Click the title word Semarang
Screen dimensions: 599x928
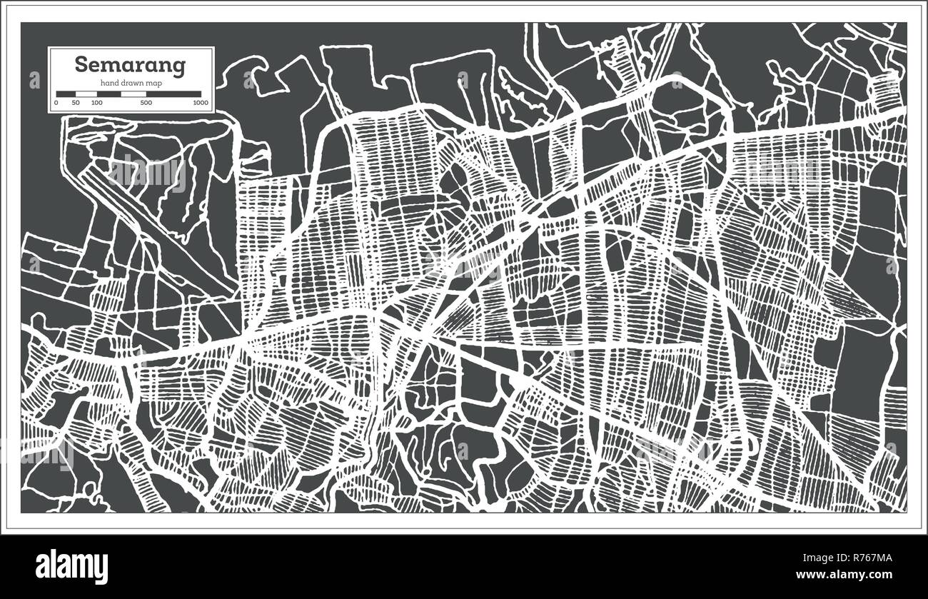130,65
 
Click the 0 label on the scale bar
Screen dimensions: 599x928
56,104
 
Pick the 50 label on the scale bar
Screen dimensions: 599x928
76,104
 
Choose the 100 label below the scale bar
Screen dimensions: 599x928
96,104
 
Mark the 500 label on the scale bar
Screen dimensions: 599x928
146,104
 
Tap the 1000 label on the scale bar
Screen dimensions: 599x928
201,104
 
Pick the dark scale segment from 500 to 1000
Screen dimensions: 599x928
173,94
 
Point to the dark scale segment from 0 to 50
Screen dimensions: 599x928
66,94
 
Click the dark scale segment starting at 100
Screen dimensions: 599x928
109,94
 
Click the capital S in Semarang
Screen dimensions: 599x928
81,65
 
